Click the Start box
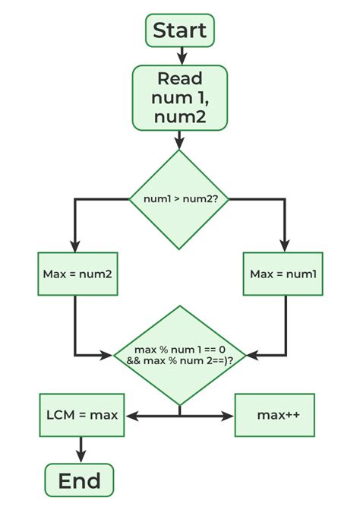coord(180,30)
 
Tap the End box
coord(79,480)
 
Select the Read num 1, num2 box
coord(180,97)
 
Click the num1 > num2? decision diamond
coord(179,199)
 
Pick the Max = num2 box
coord(78,274)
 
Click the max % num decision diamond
coord(179,354)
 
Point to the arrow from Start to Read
coord(181,55)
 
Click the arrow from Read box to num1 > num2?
coord(179,139)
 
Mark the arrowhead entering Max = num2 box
coord(75,246)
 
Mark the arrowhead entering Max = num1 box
coord(285,246)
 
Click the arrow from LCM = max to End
coord(79,451)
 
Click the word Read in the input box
coord(180,78)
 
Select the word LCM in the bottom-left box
coord(61,415)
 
